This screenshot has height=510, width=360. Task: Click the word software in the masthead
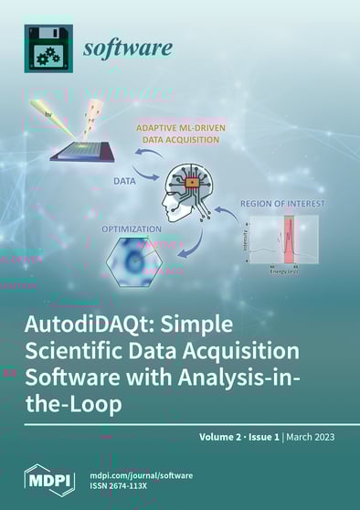point(128,48)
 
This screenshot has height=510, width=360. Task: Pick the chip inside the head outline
point(193,186)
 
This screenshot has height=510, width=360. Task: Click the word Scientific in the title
point(73,352)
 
